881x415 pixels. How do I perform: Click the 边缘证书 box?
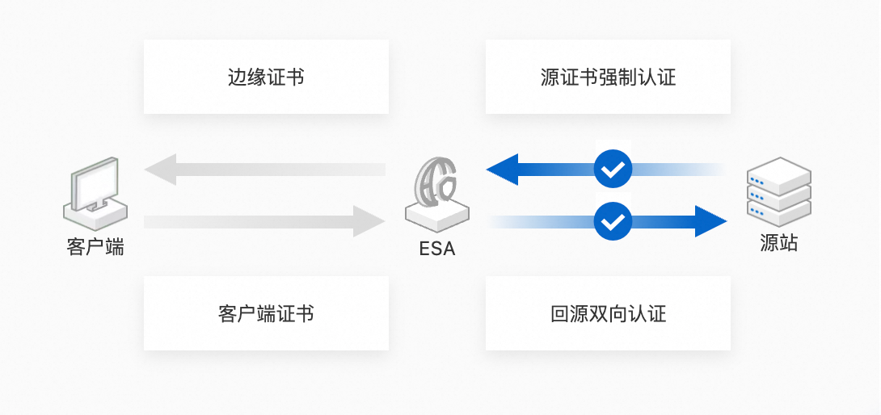click(266, 78)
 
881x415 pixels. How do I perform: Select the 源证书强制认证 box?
click(608, 78)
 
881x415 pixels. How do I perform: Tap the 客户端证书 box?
click(266, 313)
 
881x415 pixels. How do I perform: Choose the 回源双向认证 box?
click(608, 313)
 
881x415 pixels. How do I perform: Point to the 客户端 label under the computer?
click(95, 246)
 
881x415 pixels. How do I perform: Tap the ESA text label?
click(436, 249)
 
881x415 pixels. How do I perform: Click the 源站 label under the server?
click(778, 243)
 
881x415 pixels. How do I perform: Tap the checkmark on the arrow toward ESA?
click(613, 170)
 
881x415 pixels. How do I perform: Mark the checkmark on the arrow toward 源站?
click(613, 221)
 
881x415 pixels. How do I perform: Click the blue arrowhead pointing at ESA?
click(502, 170)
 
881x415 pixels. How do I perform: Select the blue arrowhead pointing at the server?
click(710, 221)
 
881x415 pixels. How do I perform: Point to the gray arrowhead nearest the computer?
click(161, 170)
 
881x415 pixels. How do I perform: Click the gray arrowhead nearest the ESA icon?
click(369, 221)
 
